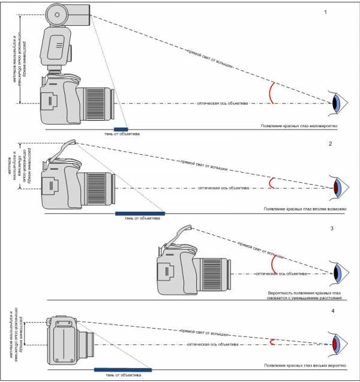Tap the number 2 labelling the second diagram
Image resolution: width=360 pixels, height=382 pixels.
pos(330,145)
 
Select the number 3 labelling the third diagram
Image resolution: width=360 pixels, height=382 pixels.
pos(331,228)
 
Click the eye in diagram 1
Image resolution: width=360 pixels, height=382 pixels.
pos(338,103)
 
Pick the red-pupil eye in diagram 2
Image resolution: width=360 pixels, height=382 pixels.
pos(338,188)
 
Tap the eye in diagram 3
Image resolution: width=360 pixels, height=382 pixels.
pos(338,273)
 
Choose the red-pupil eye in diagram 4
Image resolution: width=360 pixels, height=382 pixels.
pos(338,345)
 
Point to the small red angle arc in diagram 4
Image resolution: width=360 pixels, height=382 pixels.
pos(273,342)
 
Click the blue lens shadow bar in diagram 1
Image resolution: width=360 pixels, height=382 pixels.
pos(121,128)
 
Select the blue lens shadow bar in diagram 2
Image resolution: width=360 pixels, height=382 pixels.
pos(139,212)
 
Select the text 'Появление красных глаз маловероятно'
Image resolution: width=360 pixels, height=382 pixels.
pos(300,127)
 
